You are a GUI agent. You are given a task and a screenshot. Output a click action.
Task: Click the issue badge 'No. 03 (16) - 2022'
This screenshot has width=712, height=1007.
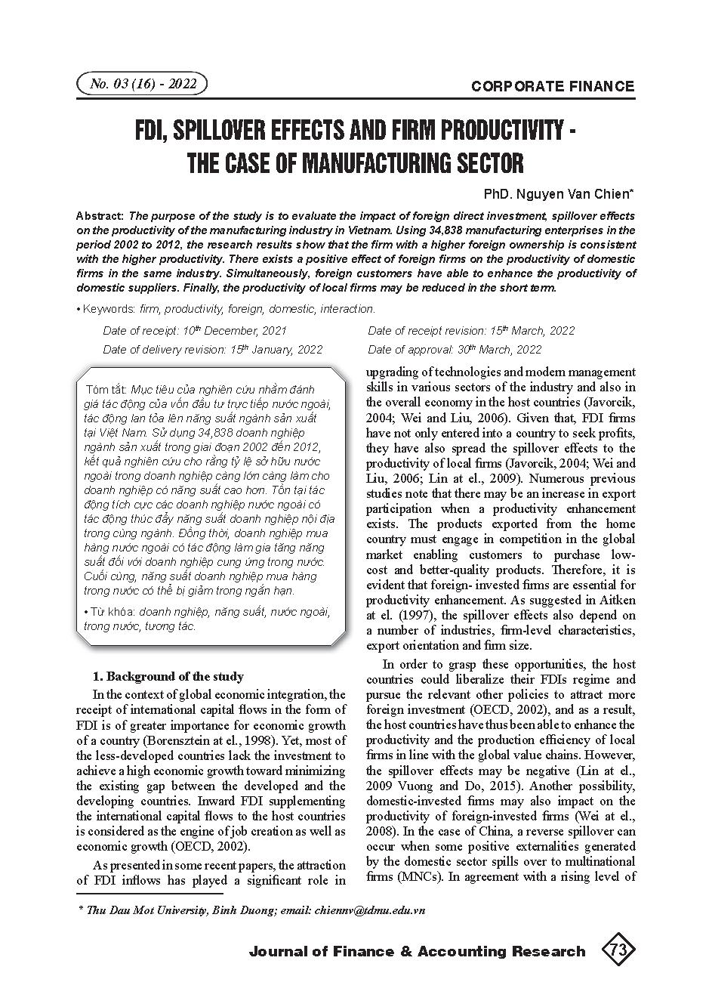(143, 84)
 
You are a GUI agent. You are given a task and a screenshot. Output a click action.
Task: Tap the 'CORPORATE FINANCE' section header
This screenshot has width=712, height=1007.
(553, 86)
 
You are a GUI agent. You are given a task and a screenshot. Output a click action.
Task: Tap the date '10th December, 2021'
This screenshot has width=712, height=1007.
(236, 331)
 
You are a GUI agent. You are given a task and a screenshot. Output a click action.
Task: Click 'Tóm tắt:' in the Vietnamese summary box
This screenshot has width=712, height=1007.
(106, 390)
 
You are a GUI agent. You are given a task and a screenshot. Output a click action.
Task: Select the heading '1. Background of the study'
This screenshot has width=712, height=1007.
(168, 676)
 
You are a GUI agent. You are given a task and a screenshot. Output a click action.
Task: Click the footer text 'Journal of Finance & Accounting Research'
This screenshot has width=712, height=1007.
(417, 951)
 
